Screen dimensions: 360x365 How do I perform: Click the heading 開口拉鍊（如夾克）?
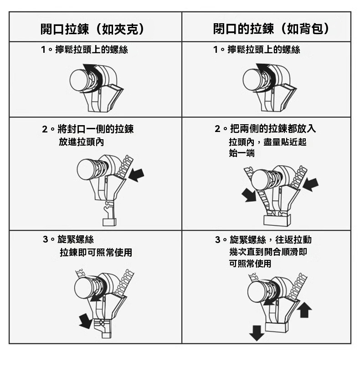tap(93, 29)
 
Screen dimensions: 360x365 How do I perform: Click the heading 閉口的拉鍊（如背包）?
tap(272, 29)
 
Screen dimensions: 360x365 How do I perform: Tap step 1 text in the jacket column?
tap(84, 50)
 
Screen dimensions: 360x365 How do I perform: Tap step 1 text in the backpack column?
tap(257, 50)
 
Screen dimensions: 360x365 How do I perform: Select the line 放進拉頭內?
tap(81, 142)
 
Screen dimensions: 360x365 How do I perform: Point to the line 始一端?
tap(242, 153)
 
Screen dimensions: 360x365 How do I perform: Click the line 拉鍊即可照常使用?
tap(96, 252)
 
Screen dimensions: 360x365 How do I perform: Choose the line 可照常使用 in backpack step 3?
tap(250, 264)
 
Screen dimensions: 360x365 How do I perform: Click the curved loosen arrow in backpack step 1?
tap(266, 77)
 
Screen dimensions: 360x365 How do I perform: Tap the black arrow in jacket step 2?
tap(136, 175)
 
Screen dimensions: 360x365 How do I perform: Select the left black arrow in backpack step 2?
tap(249, 195)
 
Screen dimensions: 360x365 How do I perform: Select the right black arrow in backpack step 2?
tap(311, 185)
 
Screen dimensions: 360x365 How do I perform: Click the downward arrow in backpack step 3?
tap(257, 333)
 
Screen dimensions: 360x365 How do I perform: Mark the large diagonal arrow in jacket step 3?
tap(86, 321)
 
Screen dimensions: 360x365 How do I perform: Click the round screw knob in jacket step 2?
tap(87, 169)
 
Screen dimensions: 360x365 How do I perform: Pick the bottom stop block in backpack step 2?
tap(277, 220)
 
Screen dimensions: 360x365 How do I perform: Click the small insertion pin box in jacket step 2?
tap(109, 222)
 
